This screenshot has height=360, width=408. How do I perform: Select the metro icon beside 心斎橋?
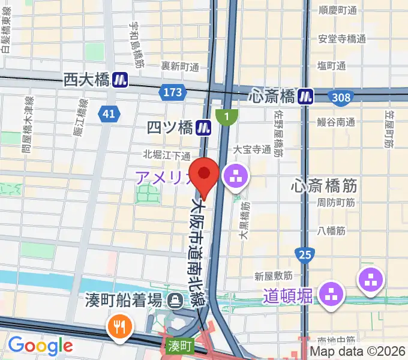(307, 95)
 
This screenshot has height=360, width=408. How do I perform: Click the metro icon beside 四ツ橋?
(205, 127)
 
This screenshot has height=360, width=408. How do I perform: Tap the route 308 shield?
(340, 95)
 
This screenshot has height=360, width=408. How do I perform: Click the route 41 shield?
(109, 114)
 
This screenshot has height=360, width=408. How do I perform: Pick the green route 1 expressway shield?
(227, 116)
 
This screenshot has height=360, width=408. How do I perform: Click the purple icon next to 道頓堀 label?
(329, 294)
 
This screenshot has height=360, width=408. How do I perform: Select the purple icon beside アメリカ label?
(233, 176)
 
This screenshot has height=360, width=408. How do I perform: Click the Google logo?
(40, 346)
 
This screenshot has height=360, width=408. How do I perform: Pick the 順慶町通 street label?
(338, 10)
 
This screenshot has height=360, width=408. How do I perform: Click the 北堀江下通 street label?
(167, 155)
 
